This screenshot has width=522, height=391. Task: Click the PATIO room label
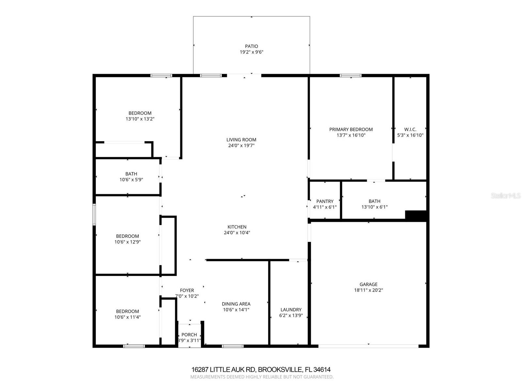(x=251, y=46)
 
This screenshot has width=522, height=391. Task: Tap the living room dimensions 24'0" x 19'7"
(x=241, y=146)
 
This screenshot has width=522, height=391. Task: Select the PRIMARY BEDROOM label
(x=351, y=129)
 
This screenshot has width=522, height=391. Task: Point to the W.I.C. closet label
(x=410, y=129)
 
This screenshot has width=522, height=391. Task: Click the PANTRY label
(x=325, y=201)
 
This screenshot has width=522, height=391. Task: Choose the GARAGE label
(x=368, y=284)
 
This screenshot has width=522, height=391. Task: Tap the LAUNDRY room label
(x=291, y=310)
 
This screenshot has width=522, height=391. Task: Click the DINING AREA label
(x=236, y=304)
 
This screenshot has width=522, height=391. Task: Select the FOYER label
(x=187, y=290)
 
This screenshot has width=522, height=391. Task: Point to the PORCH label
(x=189, y=335)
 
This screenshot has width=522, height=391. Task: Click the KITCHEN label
(x=237, y=227)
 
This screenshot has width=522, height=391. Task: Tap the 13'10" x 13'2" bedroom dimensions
(x=140, y=119)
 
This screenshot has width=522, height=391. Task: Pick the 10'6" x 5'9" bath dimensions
(x=131, y=180)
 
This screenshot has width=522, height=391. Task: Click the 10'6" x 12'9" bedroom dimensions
(x=127, y=242)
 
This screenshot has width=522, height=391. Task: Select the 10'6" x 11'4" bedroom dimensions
(x=127, y=317)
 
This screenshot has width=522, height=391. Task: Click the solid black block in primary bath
(x=416, y=215)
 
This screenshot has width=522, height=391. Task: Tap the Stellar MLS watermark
(x=505, y=196)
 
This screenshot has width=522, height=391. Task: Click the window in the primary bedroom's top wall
(x=350, y=76)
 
